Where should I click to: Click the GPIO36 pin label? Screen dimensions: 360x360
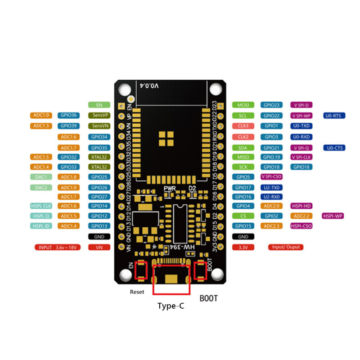point(69,115)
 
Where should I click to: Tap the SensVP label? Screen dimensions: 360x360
point(99,115)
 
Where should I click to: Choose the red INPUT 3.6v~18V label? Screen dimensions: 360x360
point(58,247)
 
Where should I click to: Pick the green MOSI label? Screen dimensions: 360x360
point(243,105)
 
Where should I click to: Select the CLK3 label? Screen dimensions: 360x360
point(243,126)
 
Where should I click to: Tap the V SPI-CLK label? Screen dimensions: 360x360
point(301,157)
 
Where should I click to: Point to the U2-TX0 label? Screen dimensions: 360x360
point(272,187)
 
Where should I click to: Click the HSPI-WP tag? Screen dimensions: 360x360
point(333,216)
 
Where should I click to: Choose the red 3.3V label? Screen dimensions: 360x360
point(243,247)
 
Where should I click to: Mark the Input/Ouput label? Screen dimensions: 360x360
point(286,247)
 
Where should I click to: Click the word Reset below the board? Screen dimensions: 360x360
point(137,292)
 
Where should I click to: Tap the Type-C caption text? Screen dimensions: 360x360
point(171,306)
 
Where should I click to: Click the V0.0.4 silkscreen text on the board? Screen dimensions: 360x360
point(150,85)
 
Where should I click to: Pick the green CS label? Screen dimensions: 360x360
point(243,216)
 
